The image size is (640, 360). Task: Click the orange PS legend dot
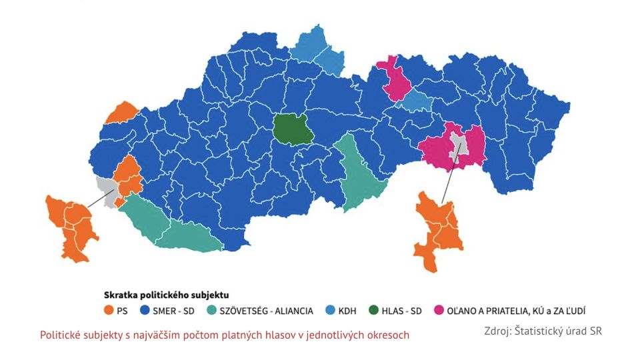tap(109, 311)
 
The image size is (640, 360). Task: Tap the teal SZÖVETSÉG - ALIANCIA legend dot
tap(212, 311)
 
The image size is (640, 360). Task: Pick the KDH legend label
tap(347, 311)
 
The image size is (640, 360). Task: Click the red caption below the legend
tap(225, 335)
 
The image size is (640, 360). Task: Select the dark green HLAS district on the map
tap(293, 129)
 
